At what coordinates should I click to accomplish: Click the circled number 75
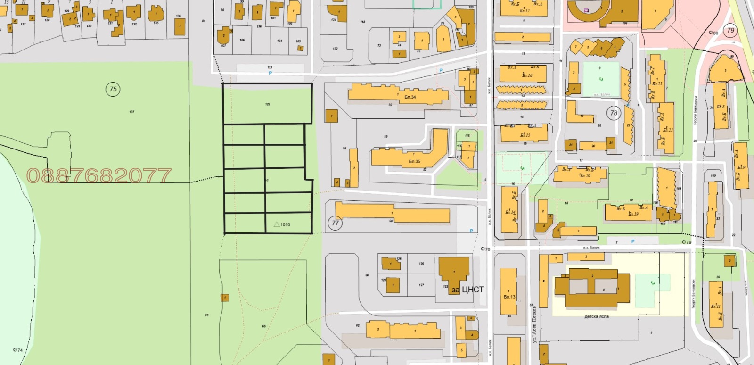(113, 89)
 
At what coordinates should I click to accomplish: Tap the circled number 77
(335, 223)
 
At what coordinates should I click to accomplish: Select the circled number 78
(614, 113)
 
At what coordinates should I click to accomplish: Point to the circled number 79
(730, 31)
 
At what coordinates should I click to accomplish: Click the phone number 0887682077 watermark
(99, 176)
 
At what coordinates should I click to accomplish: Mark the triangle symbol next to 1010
(277, 224)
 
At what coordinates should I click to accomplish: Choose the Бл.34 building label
(410, 97)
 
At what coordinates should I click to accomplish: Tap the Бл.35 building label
(414, 161)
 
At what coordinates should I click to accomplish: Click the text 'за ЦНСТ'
(467, 290)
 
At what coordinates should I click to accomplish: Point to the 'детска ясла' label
(597, 316)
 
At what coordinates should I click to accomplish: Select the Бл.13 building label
(509, 297)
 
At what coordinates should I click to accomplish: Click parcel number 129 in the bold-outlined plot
(268, 104)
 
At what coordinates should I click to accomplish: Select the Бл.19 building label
(633, 214)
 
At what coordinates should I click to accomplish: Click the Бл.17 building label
(525, 10)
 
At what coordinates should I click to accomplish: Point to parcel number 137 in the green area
(131, 112)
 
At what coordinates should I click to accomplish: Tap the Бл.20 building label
(585, 175)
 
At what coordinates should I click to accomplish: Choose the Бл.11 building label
(715, 306)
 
